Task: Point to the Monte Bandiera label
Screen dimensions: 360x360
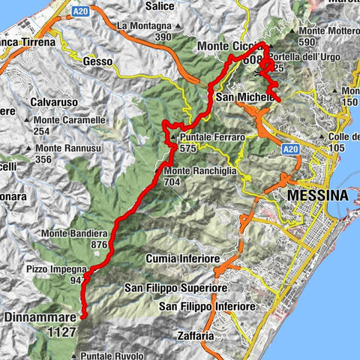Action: [76, 232]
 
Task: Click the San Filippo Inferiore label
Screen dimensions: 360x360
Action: [208, 307]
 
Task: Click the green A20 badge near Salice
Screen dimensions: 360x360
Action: [81, 11]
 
